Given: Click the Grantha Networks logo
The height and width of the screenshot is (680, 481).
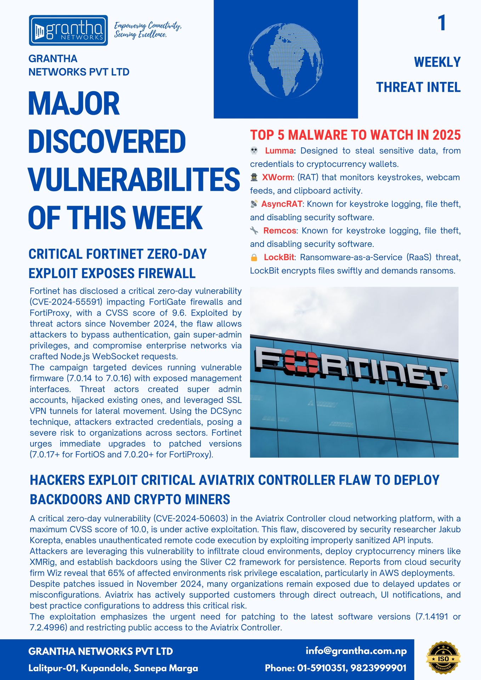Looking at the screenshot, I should pos(68,30).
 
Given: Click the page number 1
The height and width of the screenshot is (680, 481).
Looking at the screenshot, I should pos(441,23).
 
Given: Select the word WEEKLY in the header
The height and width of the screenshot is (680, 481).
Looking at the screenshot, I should pos(437,62).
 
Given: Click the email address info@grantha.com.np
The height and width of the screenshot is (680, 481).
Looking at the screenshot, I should pos(356,651).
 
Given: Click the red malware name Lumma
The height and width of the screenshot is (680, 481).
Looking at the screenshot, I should pos(279,151).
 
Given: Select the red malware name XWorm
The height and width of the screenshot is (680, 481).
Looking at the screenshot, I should pos(277,177).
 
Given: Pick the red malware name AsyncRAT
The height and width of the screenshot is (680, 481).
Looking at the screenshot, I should pos(282,204).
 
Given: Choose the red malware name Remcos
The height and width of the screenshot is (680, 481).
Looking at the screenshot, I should pos(279,231).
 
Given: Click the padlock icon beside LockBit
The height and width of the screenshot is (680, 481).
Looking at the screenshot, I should pos(254,257).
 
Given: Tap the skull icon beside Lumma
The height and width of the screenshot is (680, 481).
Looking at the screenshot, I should pos(254,151).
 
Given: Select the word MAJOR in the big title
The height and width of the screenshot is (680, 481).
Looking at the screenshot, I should pos(74,103).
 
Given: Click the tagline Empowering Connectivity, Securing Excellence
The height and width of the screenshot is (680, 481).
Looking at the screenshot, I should pos(147,30).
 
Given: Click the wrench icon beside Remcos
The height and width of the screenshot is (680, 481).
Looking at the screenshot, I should pos(254,231).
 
